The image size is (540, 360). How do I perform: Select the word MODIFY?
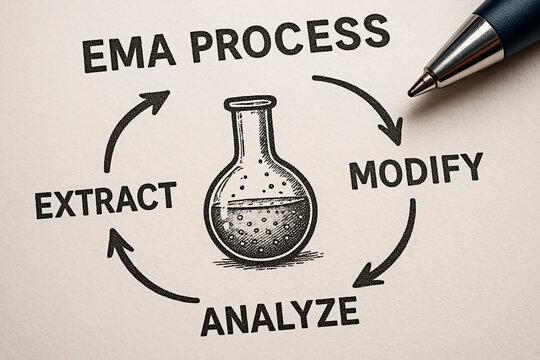(415, 170)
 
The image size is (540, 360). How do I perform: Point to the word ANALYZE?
(279, 315)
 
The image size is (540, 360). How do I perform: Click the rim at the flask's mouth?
(249, 102)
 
